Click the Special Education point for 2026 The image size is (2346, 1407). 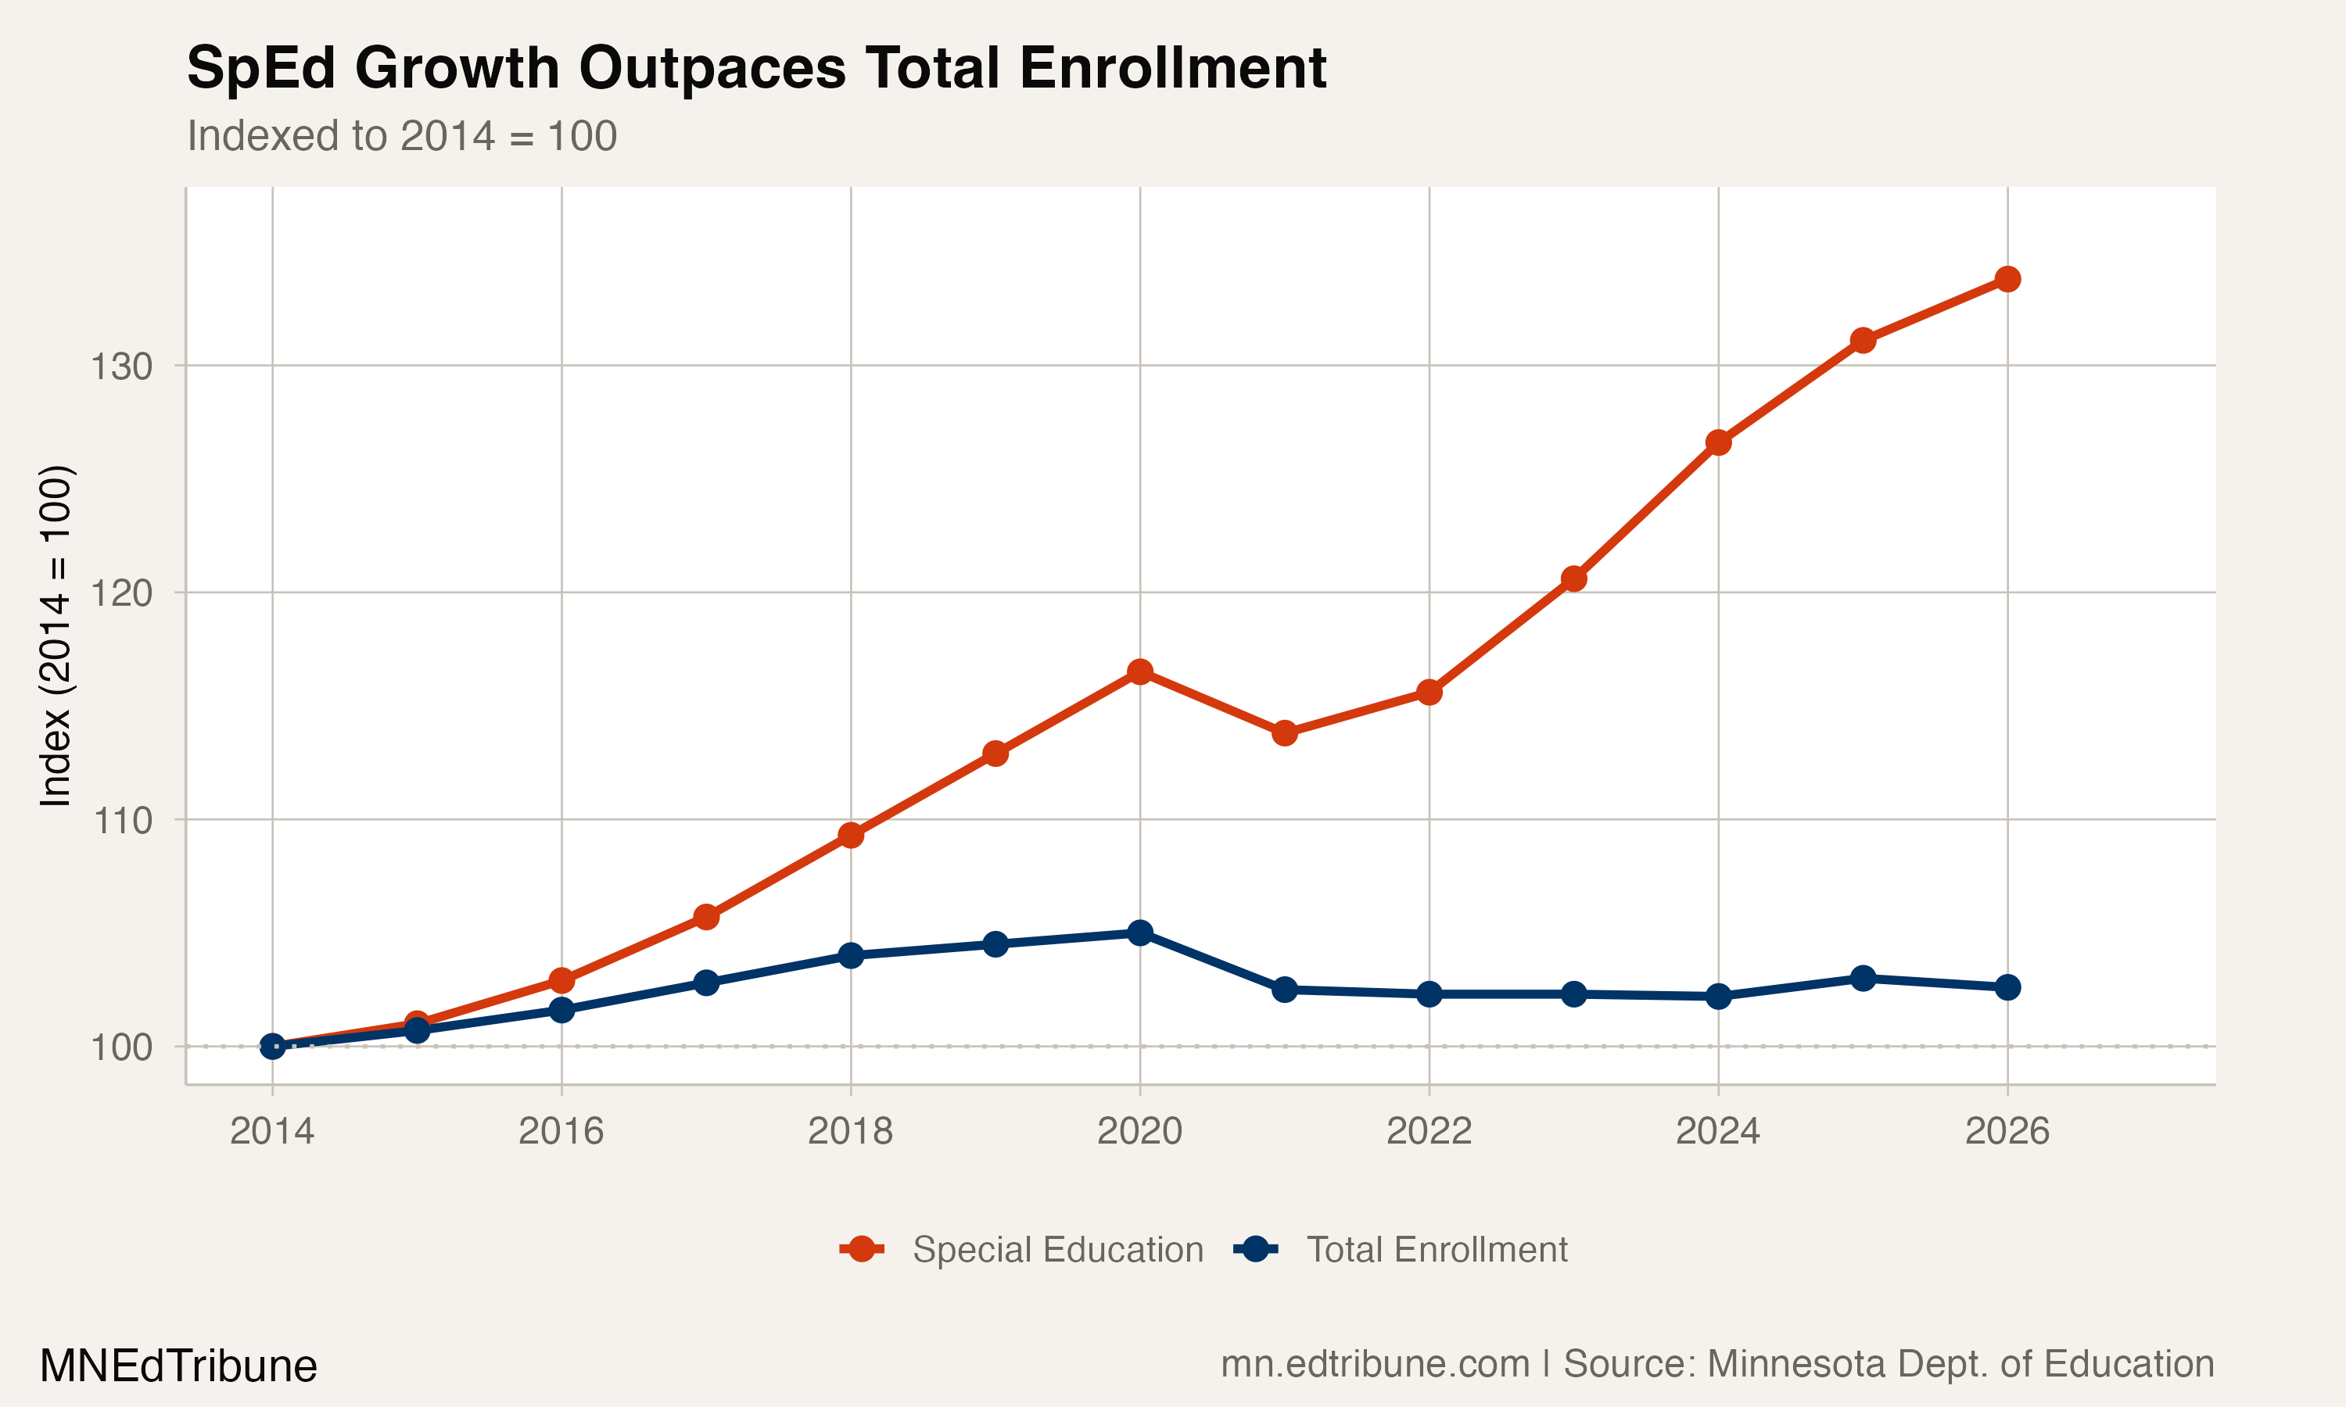(x=2007, y=279)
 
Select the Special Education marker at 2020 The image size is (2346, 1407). (x=1140, y=672)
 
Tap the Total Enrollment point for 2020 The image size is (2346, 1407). (x=1140, y=933)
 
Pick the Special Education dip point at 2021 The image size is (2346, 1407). (x=1284, y=733)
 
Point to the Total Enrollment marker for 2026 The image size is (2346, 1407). (x=2007, y=987)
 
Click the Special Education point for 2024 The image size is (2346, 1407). (x=1718, y=442)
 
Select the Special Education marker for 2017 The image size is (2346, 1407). (x=705, y=917)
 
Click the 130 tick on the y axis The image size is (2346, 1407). (x=121, y=366)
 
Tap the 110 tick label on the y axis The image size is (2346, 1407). (x=121, y=820)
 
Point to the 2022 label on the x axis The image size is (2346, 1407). (x=1428, y=1131)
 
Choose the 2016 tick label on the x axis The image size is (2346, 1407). (x=561, y=1131)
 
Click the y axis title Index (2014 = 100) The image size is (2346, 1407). (x=55, y=635)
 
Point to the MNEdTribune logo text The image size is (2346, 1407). (x=178, y=1366)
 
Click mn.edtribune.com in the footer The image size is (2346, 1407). (x=1375, y=1364)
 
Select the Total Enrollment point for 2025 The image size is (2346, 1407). (x=1863, y=978)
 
